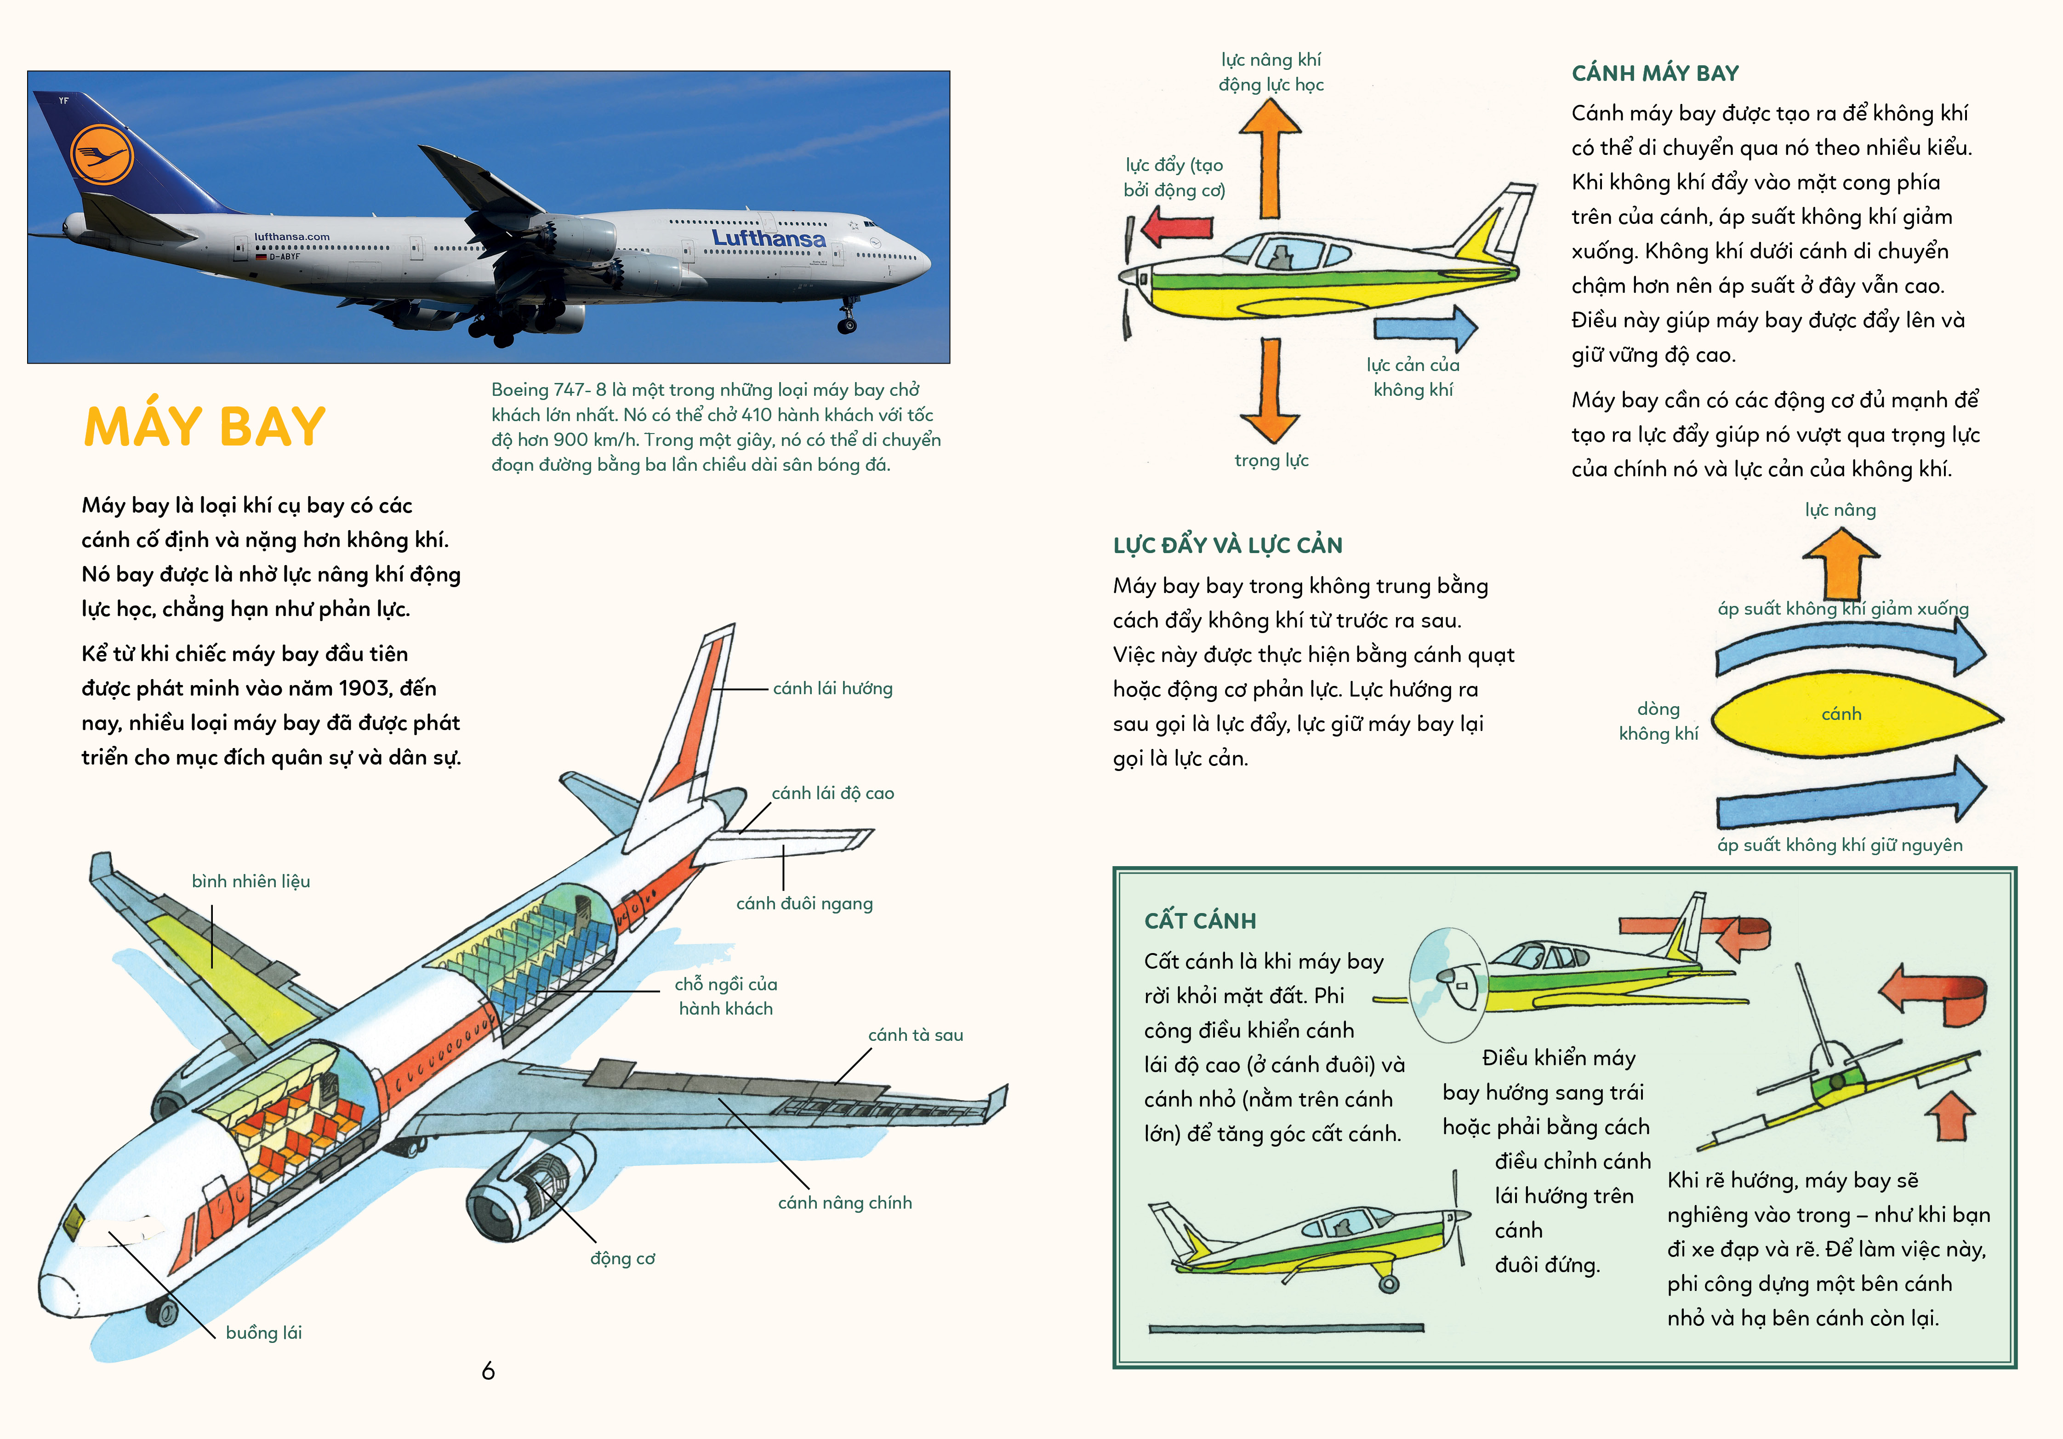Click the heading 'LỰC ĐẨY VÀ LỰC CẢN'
(1227, 546)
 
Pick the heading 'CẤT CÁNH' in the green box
(1200, 920)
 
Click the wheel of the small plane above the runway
(1389, 1284)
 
